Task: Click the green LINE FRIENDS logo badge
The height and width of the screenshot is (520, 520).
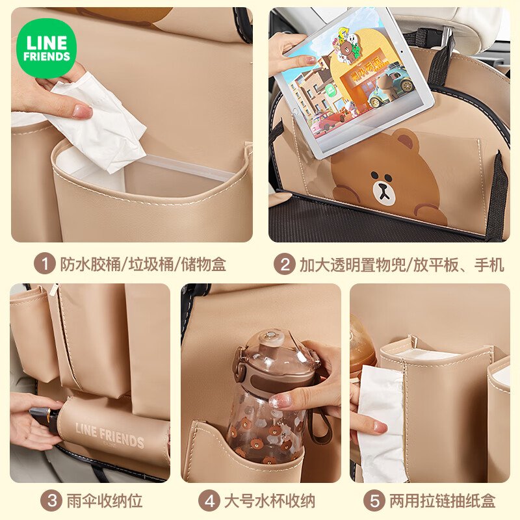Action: pos(46,48)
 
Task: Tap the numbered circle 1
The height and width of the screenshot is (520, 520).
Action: pos(44,264)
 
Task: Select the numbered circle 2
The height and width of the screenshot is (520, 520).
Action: pos(285,264)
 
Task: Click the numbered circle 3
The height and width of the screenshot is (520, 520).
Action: pos(51,500)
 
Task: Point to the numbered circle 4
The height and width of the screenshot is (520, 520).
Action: pos(209,500)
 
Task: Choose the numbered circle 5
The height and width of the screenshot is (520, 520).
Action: pos(374,500)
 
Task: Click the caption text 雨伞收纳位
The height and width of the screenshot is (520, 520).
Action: pos(105,500)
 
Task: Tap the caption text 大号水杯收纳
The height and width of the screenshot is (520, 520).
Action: pos(270,500)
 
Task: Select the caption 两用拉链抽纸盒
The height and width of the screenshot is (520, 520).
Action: pos(442,500)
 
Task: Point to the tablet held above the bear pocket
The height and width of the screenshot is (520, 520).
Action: pos(353,83)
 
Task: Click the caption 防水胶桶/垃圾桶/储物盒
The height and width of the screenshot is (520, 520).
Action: pos(143,265)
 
